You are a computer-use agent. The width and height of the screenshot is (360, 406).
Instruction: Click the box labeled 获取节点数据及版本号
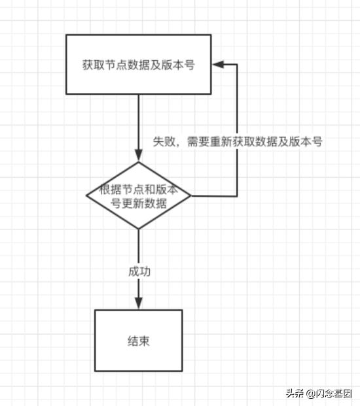tap(138, 65)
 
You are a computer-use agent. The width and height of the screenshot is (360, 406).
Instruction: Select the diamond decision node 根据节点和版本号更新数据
tap(139, 195)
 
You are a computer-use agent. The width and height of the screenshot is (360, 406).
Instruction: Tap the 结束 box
tap(138, 341)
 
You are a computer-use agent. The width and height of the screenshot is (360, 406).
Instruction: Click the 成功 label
tap(139, 271)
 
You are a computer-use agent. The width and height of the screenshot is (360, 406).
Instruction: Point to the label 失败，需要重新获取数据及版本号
tap(238, 141)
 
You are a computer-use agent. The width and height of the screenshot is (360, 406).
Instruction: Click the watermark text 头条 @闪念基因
tap(318, 393)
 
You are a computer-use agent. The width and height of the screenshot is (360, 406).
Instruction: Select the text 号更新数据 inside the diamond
tap(139, 203)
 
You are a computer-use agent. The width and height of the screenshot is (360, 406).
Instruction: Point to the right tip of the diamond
tap(190, 195)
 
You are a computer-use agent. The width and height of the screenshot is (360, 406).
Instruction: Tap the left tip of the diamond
tap(87, 195)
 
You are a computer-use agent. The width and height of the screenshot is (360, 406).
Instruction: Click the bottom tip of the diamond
tap(139, 229)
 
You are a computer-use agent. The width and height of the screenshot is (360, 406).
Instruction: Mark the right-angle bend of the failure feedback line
tap(236, 195)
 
